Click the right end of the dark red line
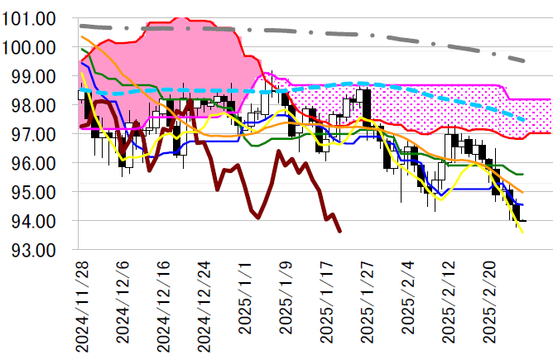pos(340,231)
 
